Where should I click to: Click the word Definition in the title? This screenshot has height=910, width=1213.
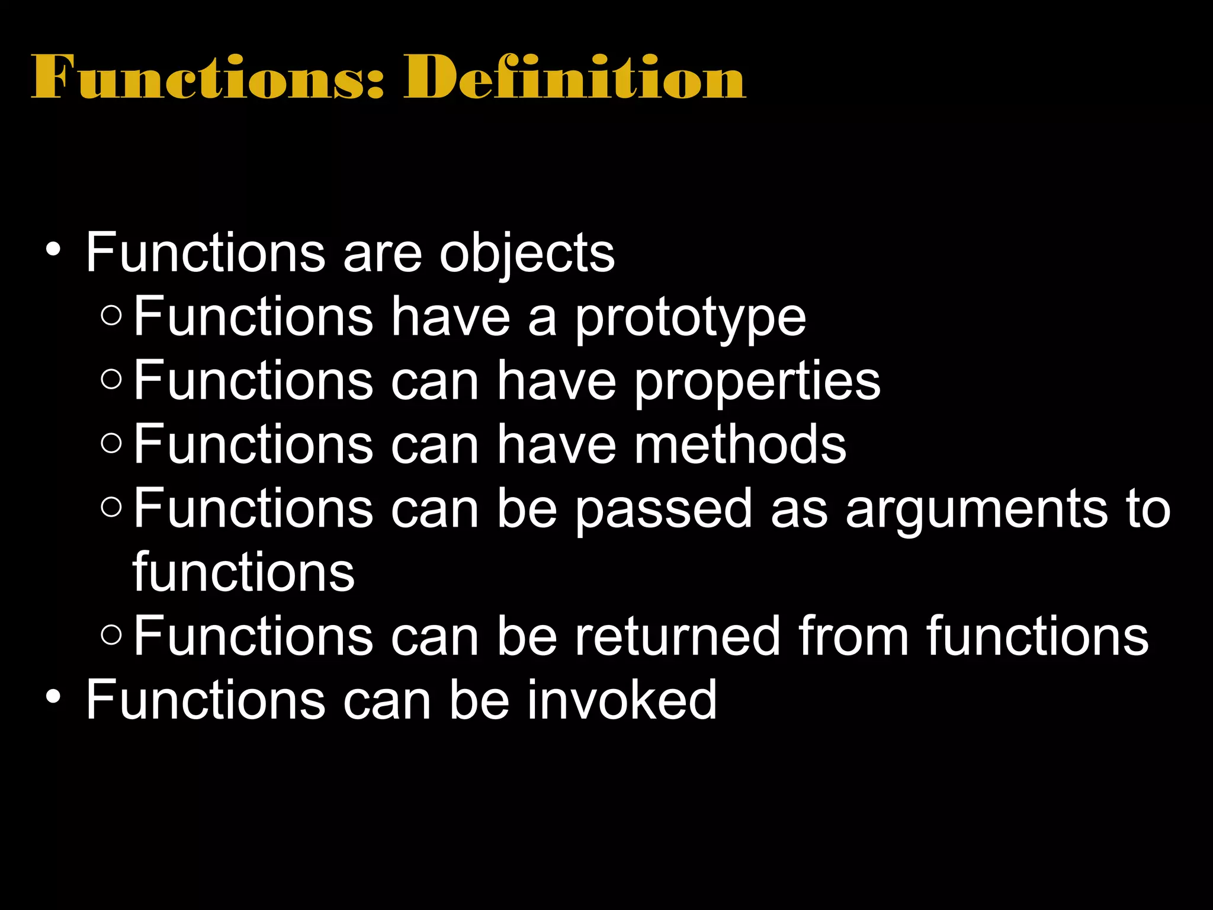(575, 77)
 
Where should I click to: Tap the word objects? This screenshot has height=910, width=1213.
(527, 254)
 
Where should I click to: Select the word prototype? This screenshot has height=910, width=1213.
(691, 318)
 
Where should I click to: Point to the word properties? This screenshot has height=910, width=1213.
(758, 382)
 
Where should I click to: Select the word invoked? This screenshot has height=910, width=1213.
(622, 700)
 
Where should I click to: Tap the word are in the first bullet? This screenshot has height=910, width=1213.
(382, 254)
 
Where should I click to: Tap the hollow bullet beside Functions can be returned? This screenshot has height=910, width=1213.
(111, 635)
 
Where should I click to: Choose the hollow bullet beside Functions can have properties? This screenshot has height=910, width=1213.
(111, 379)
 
